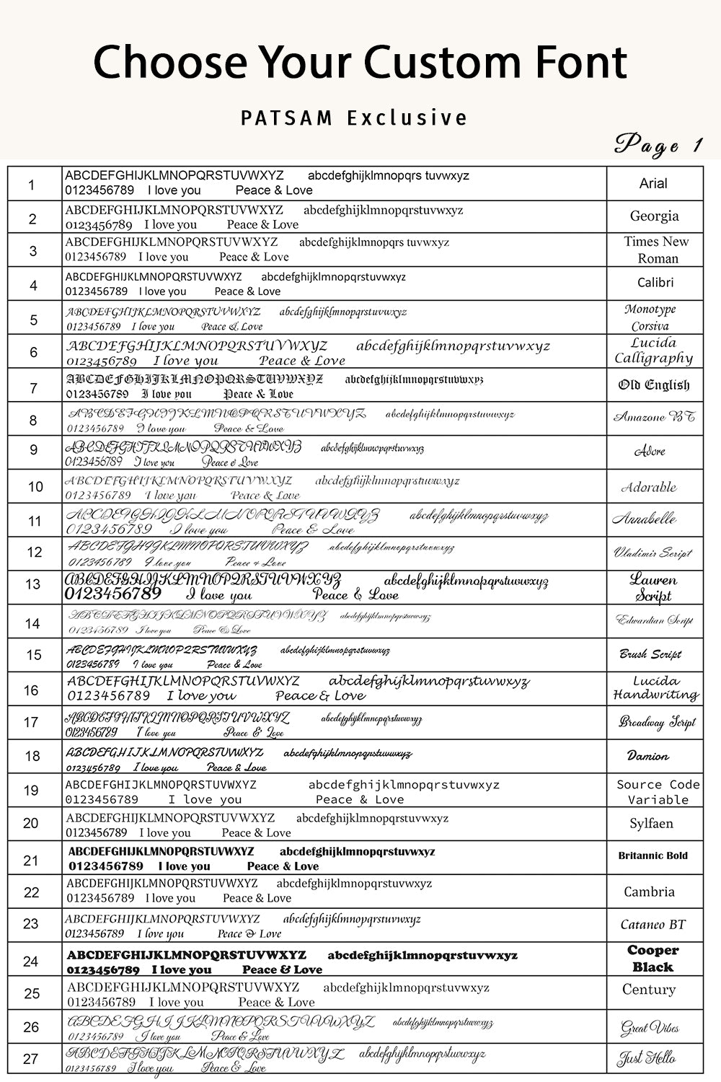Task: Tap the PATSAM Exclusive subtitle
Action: point(354,118)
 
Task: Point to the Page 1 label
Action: point(658,145)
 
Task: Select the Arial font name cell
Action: point(653,184)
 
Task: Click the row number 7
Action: point(33,387)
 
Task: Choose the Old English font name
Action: point(653,385)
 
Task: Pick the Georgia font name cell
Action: point(654,216)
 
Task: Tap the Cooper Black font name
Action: point(653,959)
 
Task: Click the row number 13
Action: point(33,584)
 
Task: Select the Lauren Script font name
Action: point(653,587)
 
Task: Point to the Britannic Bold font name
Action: point(653,856)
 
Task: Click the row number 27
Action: point(30,1059)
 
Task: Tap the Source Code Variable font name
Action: point(658,792)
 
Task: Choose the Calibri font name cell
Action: point(655,283)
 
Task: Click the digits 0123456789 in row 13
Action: point(113,594)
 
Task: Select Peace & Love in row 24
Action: point(282,969)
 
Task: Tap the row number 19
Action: point(31,791)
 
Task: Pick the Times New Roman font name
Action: point(656,250)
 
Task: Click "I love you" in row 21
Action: point(184,866)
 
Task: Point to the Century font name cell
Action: point(649,990)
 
